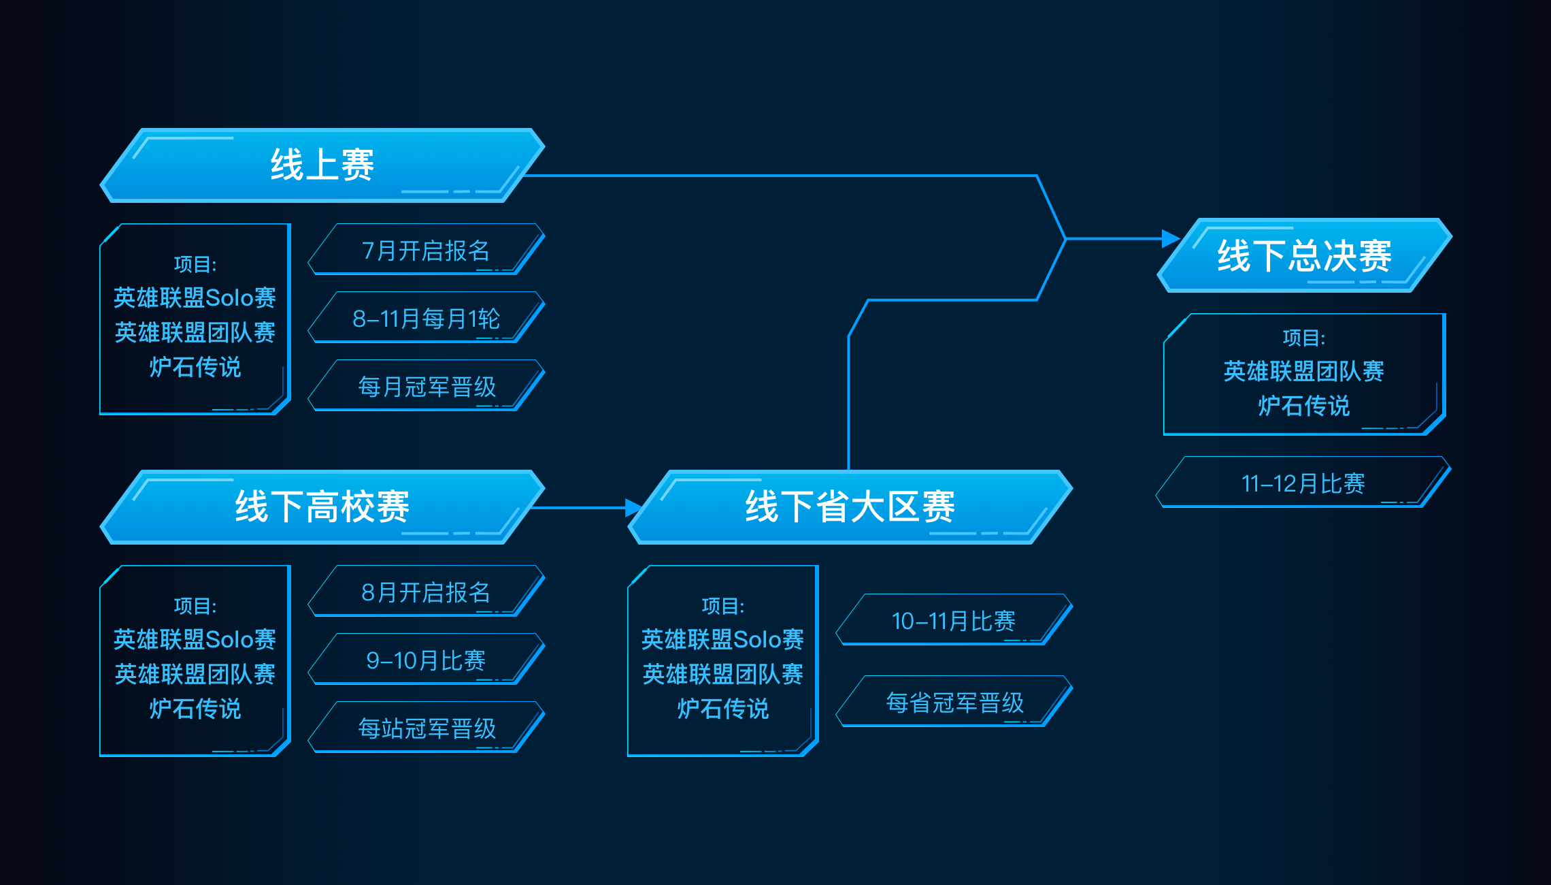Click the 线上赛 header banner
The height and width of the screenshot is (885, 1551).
pyautogui.click(x=322, y=165)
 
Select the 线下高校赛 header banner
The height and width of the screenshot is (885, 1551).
pyautogui.click(x=322, y=507)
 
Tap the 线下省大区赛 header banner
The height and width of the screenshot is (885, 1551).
pyautogui.click(x=850, y=507)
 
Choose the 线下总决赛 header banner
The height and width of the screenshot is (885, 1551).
pyautogui.click(x=1305, y=255)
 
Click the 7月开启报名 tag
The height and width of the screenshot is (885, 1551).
pyautogui.click(x=427, y=250)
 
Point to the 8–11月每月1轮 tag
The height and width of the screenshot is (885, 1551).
pyautogui.click(x=427, y=318)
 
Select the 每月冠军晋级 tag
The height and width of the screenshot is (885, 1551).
pyautogui.click(x=427, y=386)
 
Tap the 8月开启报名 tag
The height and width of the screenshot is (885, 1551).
pyautogui.click(x=427, y=592)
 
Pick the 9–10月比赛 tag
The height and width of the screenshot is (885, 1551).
pyautogui.click(x=427, y=660)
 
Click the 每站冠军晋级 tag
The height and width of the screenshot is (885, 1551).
pyautogui.click(x=427, y=728)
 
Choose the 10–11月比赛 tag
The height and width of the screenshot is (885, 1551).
pyautogui.click(x=954, y=620)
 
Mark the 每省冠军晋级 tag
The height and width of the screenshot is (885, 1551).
pyautogui.click(x=954, y=702)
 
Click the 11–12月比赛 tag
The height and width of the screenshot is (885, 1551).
pyautogui.click(x=1303, y=483)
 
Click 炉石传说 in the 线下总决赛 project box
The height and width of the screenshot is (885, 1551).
pyautogui.click(x=1304, y=406)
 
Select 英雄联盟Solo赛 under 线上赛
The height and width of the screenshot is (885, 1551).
pyautogui.click(x=195, y=297)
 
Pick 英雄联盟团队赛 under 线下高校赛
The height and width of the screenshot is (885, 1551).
pyautogui.click(x=195, y=674)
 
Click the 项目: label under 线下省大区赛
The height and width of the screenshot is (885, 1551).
pyautogui.click(x=723, y=606)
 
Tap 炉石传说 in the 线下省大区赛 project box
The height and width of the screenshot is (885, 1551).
pyautogui.click(x=723, y=709)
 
